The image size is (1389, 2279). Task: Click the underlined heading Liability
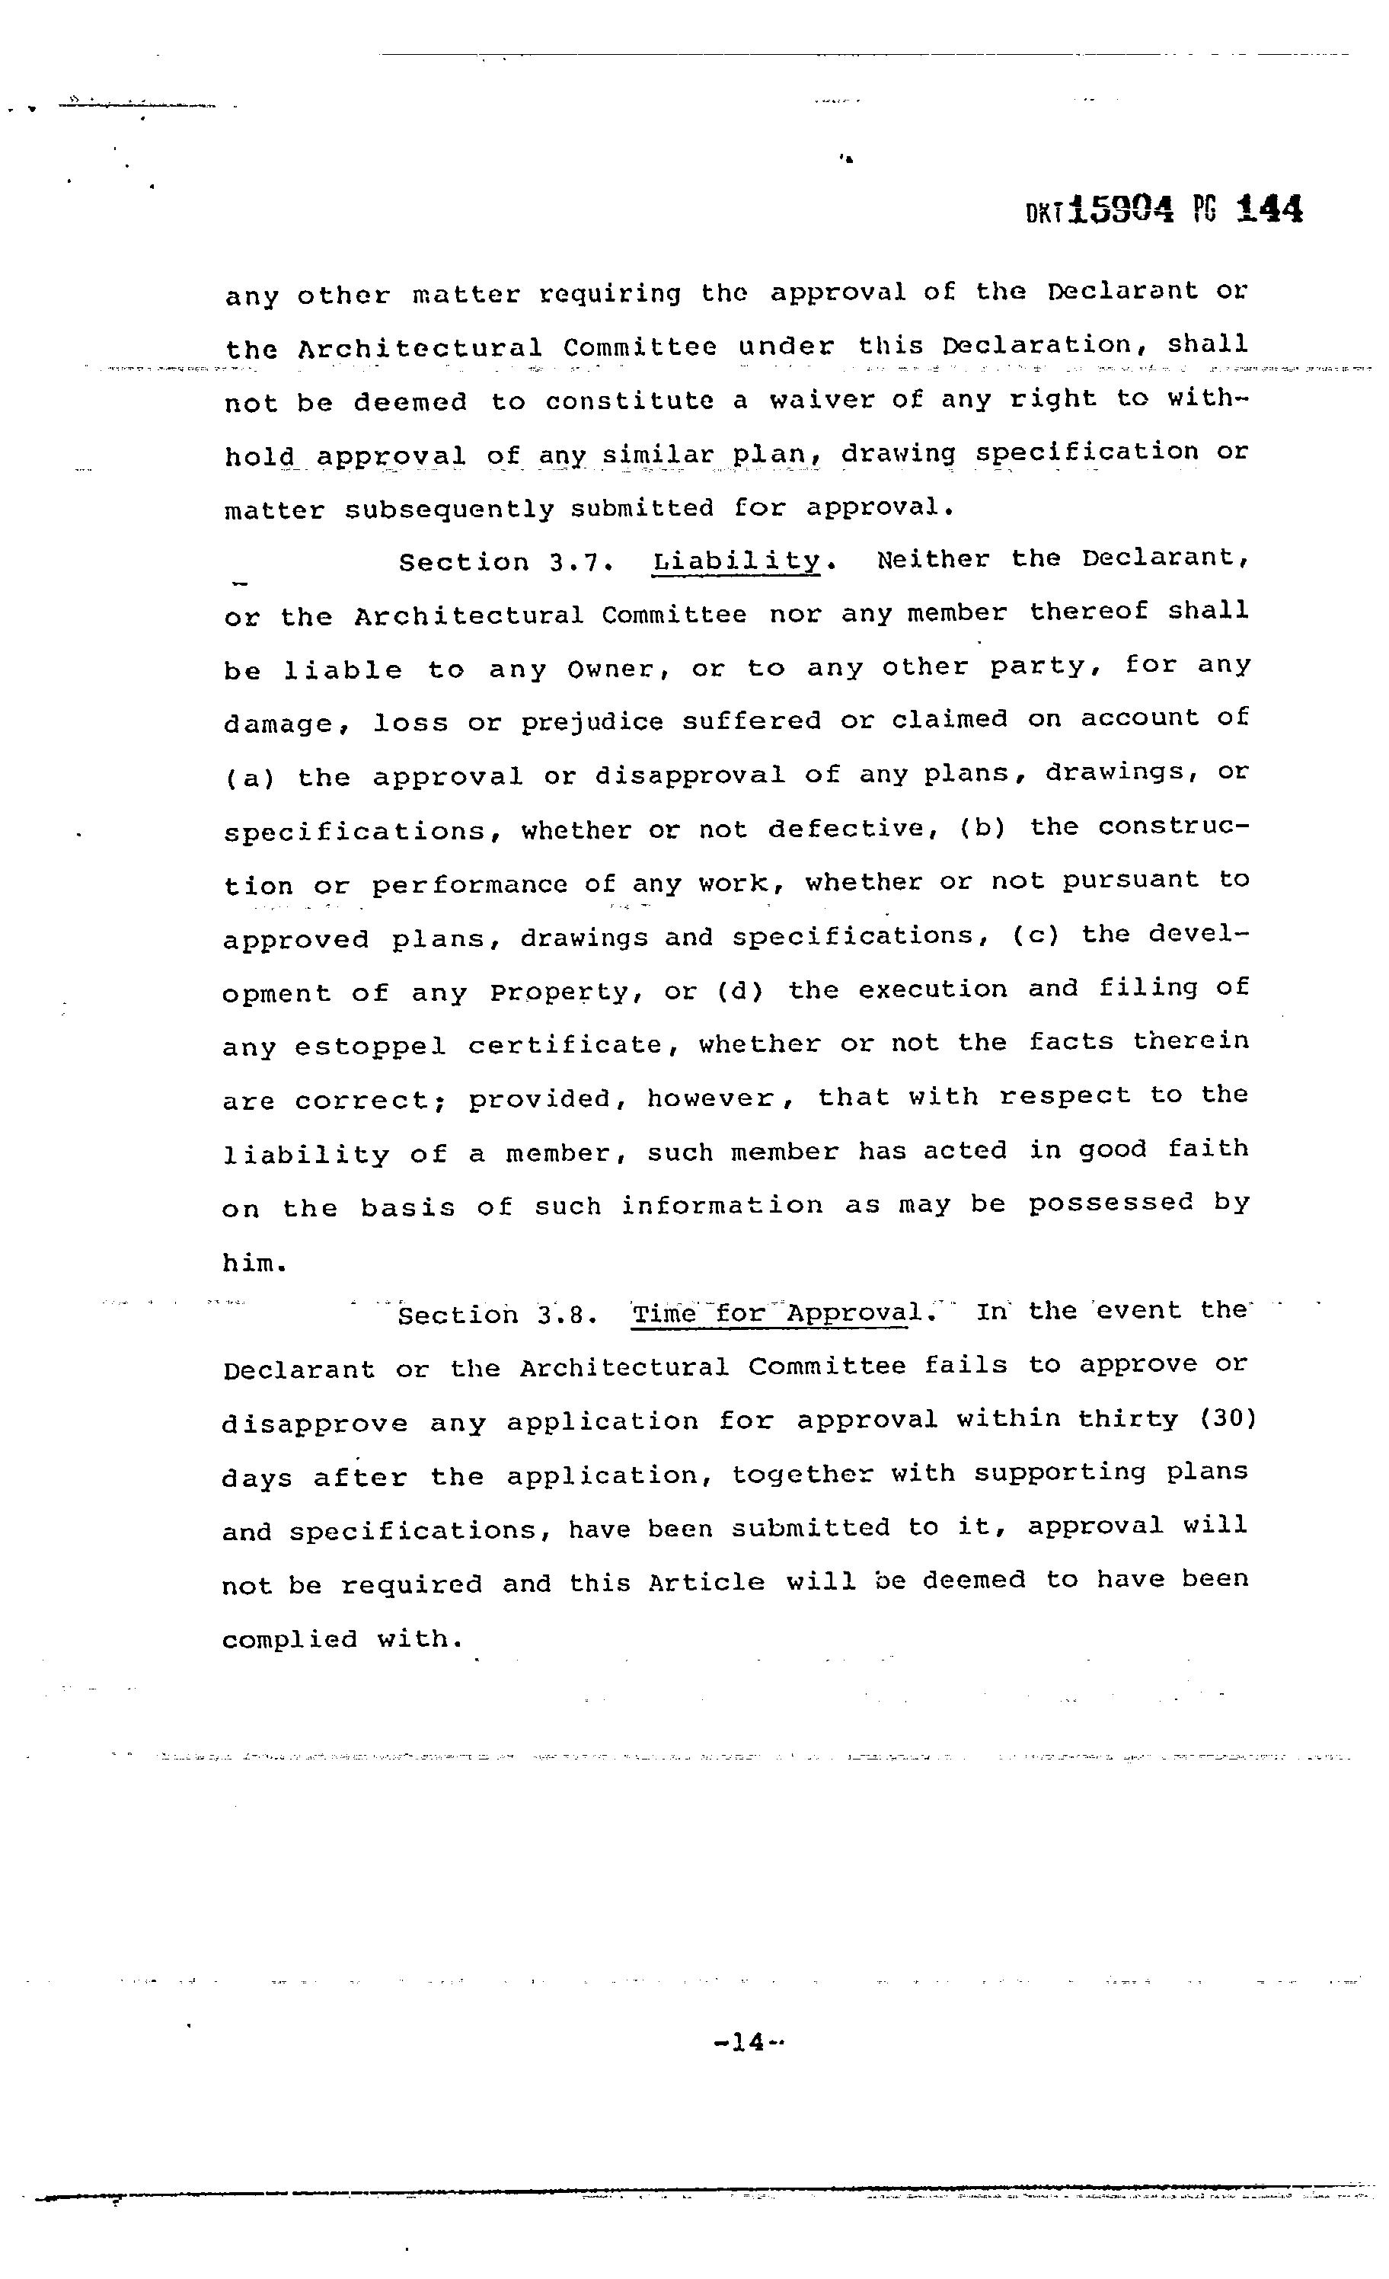click(736, 561)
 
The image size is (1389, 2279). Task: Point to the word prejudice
click(592, 721)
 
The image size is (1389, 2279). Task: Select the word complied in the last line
click(289, 1641)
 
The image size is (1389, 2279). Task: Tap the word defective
click(845, 829)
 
